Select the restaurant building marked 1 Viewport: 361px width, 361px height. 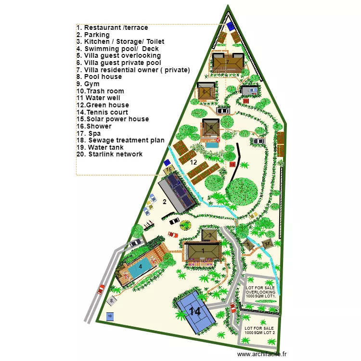tap(203, 251)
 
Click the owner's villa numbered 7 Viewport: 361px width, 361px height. tap(227, 62)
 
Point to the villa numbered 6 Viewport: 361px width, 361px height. tap(204, 91)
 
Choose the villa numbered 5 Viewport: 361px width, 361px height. tap(211, 128)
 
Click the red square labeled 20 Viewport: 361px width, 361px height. tap(245, 101)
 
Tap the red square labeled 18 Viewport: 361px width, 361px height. tap(232, 165)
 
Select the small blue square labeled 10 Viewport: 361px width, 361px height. tap(110, 316)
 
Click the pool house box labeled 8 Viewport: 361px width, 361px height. tap(112, 300)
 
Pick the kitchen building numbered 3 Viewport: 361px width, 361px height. tap(210, 234)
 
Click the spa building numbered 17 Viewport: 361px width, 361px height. tap(268, 244)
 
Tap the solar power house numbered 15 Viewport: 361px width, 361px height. tap(169, 169)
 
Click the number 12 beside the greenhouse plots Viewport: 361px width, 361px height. tap(193, 163)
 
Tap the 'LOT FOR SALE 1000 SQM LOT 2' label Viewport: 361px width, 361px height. tap(260, 330)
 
